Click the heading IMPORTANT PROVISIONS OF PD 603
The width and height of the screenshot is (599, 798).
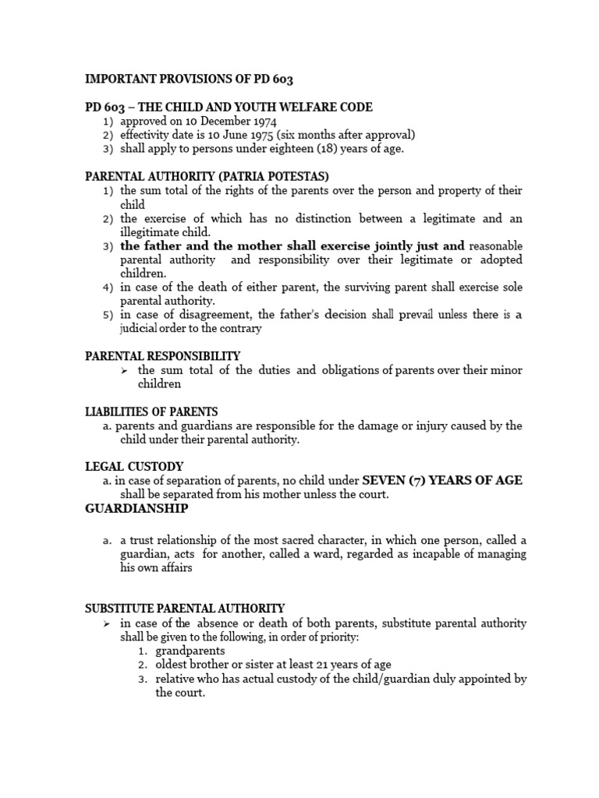click(x=188, y=79)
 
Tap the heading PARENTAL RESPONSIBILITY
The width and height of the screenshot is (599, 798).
click(x=162, y=356)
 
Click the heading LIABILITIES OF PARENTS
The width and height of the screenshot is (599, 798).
click(x=151, y=411)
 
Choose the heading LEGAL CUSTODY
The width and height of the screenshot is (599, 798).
click(x=134, y=467)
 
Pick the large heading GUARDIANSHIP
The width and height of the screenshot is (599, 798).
click(x=136, y=508)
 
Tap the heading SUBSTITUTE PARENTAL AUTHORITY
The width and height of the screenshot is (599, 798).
click(x=185, y=608)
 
